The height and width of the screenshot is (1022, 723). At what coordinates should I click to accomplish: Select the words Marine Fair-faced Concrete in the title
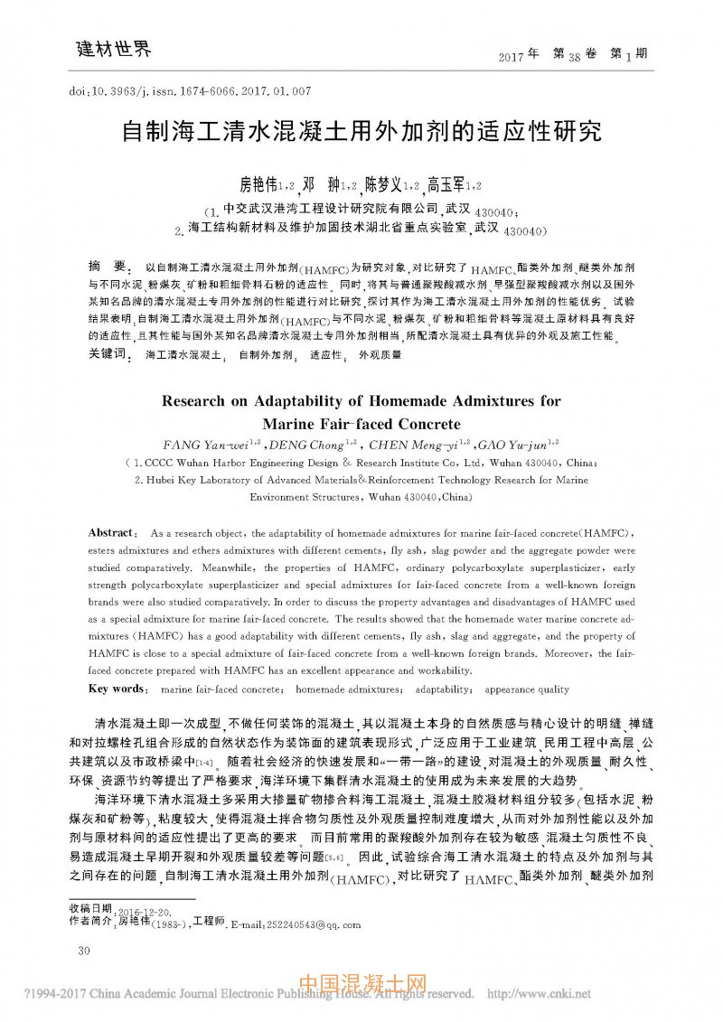[x=361, y=423]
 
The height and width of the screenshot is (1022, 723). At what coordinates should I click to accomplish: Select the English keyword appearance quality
[x=527, y=689]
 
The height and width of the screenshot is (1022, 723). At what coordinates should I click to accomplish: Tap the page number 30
[x=86, y=951]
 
